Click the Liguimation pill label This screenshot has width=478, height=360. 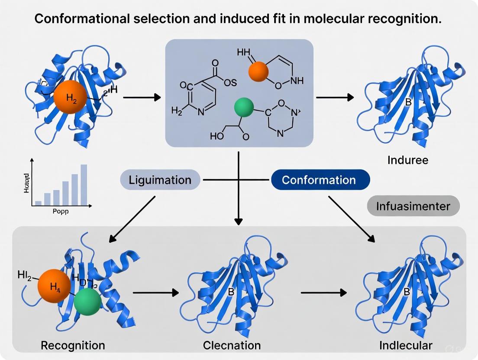pos(160,180)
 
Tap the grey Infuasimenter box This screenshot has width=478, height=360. pos(413,206)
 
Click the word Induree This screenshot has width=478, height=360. pos(408,160)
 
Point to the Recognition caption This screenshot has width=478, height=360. pos(73,345)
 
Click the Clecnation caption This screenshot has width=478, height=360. pos(232,345)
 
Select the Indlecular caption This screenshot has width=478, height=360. pos(405,345)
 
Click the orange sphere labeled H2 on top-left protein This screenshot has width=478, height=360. pos(72,97)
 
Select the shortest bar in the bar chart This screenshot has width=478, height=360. pos(38,202)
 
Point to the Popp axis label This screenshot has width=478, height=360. pos(61,212)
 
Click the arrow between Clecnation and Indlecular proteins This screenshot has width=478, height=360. pos(323,293)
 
